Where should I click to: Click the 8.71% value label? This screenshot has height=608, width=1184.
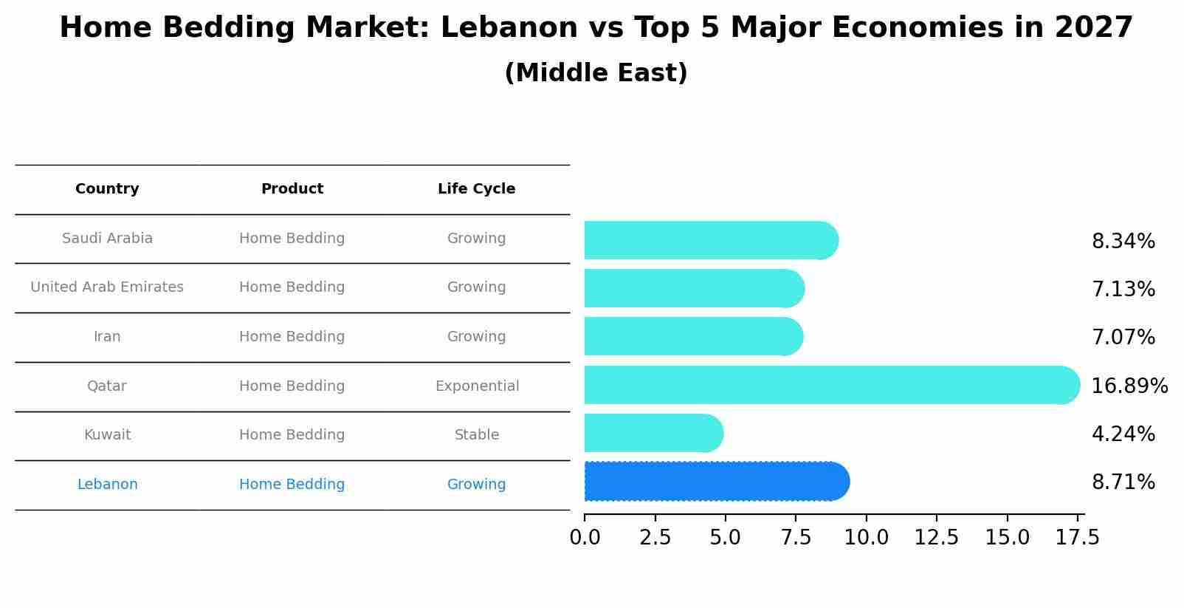(1123, 482)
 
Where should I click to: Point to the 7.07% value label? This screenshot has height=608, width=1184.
(1123, 338)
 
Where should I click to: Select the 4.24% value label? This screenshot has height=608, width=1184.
(1123, 434)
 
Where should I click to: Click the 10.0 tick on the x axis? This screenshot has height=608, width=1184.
(866, 538)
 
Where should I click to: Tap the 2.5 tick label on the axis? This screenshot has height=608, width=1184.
(655, 538)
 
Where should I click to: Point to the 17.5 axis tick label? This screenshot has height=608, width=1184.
(1078, 538)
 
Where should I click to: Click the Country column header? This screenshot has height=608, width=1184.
(107, 189)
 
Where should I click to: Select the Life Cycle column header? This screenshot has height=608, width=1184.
(476, 189)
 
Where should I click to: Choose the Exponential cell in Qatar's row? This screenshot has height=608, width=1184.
(477, 386)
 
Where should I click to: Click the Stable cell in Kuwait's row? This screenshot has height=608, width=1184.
(477, 435)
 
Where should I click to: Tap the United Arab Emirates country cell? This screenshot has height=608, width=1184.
(107, 287)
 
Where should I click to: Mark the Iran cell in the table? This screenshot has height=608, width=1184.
(107, 337)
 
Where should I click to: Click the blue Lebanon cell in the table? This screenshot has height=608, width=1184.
(107, 485)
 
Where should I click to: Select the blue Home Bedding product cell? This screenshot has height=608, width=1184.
(292, 485)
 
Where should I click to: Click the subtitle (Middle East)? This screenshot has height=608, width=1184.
(596, 73)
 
